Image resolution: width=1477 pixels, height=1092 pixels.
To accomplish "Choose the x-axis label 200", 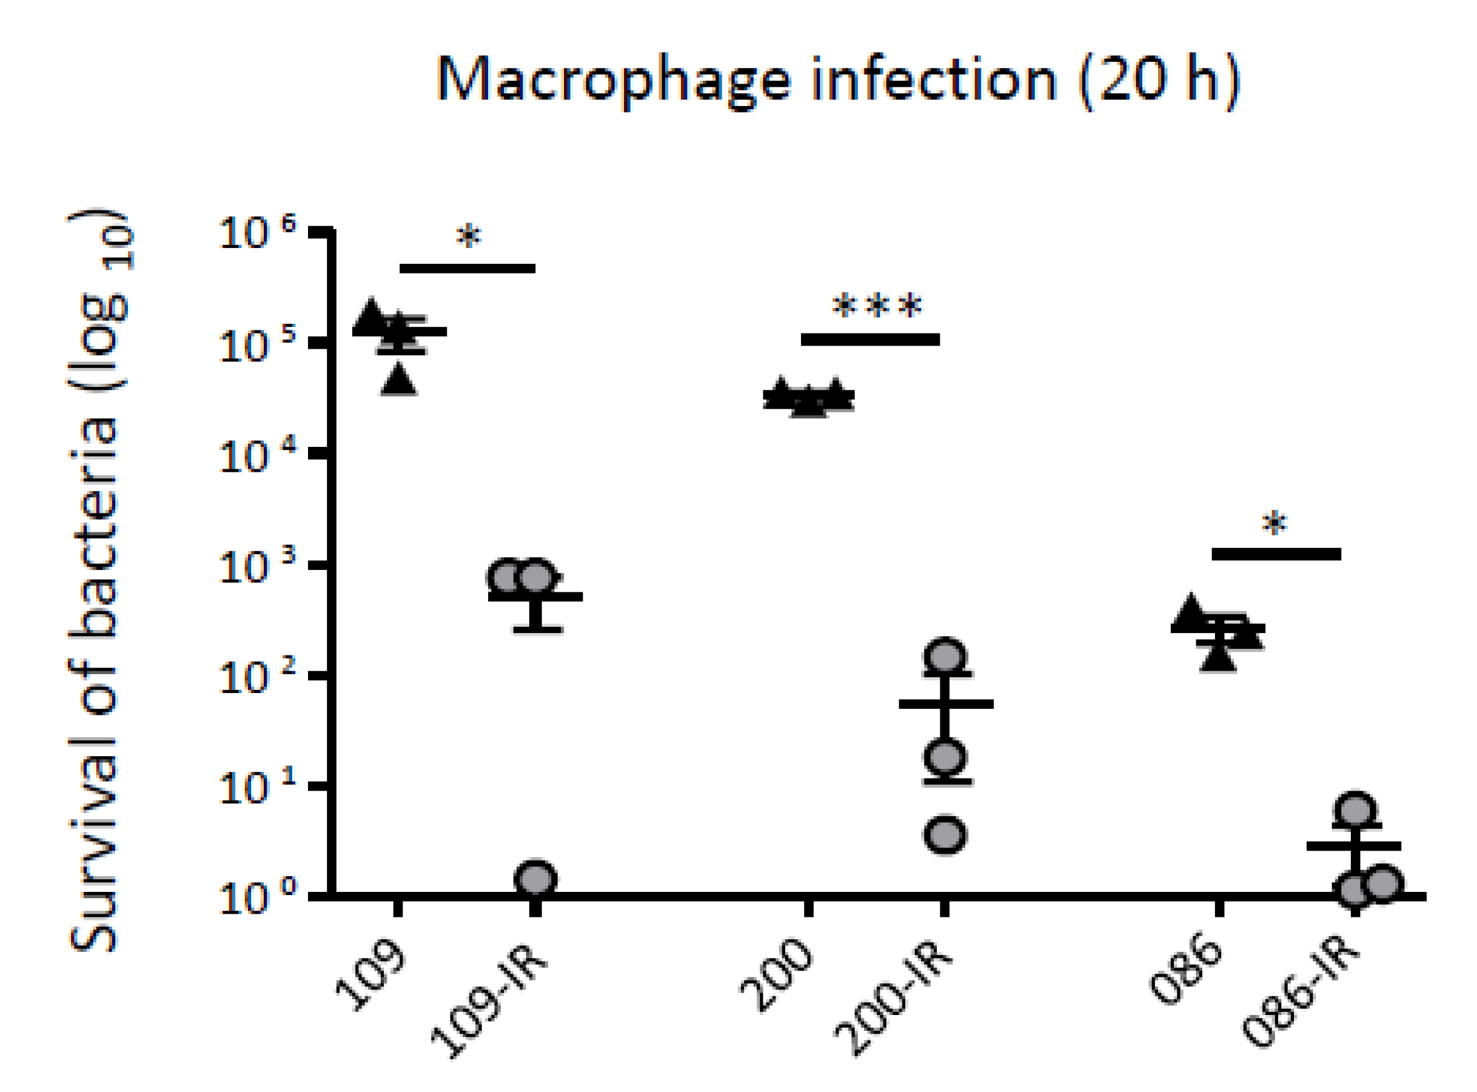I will [778, 975].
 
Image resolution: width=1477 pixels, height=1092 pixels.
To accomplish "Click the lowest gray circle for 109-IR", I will [535, 879].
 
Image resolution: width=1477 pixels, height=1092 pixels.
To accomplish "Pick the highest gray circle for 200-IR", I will [946, 657].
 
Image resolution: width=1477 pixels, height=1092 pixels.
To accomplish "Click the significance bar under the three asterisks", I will [869, 340].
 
